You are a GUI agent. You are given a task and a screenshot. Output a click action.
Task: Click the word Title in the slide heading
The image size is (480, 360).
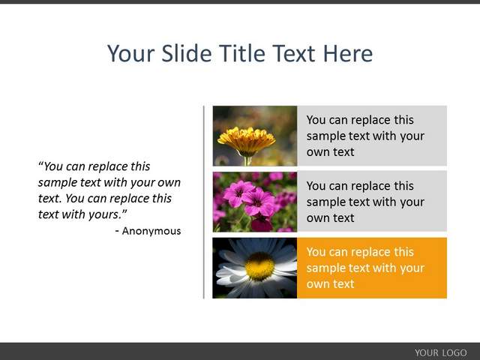tap(241, 53)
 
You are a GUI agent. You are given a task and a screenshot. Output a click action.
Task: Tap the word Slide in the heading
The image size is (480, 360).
tap(187, 53)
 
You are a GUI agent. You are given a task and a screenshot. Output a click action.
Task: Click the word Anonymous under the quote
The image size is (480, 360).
tap(151, 231)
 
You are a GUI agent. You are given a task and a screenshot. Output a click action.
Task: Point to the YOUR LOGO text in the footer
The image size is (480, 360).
tap(441, 352)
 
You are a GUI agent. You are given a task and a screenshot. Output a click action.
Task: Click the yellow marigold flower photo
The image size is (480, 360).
tap(255, 136)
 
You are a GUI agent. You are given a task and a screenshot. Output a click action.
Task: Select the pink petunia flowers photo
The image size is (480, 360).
tap(255, 202)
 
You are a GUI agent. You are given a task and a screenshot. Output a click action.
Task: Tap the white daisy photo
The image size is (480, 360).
tap(255, 268)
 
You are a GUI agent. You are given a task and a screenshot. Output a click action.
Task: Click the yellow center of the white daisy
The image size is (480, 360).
tap(259, 266)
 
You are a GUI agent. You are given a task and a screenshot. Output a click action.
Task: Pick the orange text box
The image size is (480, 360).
tap(372, 268)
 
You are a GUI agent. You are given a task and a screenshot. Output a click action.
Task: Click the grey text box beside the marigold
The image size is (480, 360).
tap(372, 136)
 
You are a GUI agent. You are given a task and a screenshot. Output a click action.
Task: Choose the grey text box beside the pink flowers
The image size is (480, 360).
tap(372, 202)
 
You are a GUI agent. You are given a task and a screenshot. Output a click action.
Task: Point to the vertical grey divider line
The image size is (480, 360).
tap(204, 202)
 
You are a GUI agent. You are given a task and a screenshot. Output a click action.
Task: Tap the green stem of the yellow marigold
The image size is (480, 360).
tap(247, 160)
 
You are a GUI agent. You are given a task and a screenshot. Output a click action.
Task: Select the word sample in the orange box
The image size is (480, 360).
tap(325, 268)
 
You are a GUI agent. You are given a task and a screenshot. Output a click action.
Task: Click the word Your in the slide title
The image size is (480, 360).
tap(131, 53)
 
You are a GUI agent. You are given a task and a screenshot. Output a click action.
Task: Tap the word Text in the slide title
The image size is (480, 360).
tap(294, 53)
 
